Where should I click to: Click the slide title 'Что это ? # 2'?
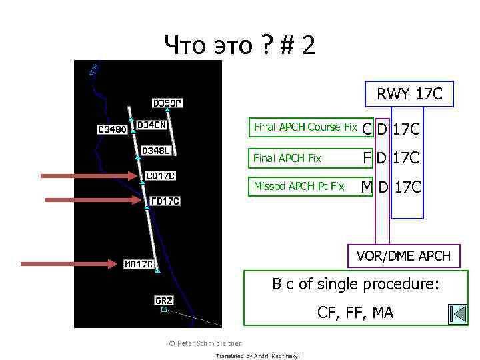tap(240, 46)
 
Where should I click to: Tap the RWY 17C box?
tap(409, 94)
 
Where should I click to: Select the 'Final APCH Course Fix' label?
tap(305, 127)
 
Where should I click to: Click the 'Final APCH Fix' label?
tap(288, 158)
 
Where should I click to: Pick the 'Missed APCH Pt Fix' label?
tap(299, 186)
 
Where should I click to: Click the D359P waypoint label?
tap(167, 103)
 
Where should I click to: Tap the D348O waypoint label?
tap(112, 129)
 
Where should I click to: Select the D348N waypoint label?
tap(152, 125)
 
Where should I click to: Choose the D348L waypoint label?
tap(157, 151)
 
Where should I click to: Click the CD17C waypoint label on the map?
tap(161, 176)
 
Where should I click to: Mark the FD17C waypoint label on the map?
tap(165, 201)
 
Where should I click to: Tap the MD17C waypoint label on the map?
tap(139, 264)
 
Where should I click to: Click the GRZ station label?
tap(164, 301)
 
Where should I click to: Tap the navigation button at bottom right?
tap(458, 314)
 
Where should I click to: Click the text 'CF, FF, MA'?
tap(355, 312)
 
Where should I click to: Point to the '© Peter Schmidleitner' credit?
tap(205, 343)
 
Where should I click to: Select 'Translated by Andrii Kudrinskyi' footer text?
tap(258, 356)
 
